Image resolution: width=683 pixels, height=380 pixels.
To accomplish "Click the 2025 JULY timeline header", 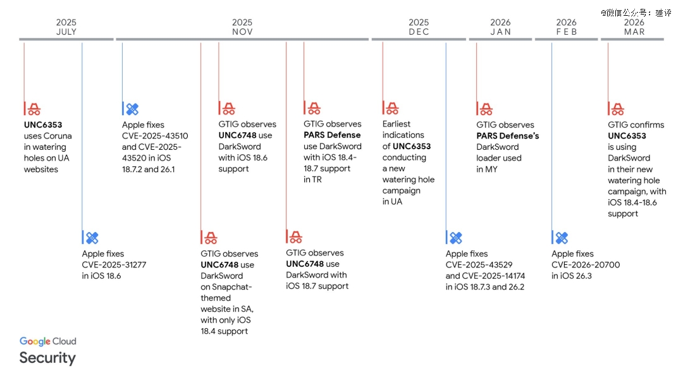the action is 66,27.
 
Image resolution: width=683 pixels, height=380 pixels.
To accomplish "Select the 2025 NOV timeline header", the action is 242,27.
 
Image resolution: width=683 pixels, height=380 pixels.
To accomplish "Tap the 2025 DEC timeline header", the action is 419,27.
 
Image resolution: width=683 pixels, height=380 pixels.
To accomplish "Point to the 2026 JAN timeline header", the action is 500,27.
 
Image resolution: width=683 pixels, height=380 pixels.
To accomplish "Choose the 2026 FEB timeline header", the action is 566,27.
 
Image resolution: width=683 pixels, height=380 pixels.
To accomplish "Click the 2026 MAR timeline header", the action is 634,27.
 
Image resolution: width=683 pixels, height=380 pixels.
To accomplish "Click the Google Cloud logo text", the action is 48,341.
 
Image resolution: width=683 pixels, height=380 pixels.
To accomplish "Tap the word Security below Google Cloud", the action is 47,358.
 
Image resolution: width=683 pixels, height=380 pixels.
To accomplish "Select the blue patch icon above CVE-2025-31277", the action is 92,238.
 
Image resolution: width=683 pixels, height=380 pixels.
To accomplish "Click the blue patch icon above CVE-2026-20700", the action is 562,238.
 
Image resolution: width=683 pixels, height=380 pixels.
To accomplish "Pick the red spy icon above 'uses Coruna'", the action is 34,109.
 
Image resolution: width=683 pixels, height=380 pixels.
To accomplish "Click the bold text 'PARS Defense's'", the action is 507,136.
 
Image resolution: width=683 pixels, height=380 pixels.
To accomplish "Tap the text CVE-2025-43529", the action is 479,265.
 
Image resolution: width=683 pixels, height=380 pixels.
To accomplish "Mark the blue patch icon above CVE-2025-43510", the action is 132,109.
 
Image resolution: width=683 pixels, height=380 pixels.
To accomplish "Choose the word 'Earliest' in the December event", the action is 397,124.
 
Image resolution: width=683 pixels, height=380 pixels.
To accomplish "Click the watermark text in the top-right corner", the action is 636,13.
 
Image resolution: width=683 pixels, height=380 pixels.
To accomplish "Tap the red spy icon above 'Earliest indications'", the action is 392,108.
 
